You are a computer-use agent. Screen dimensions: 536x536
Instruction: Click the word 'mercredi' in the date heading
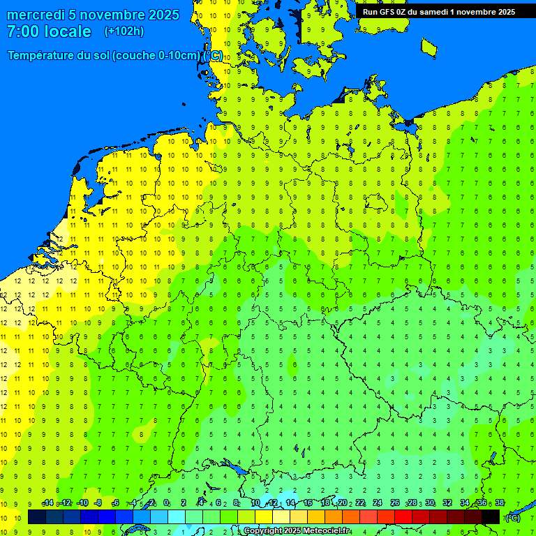point(36,15)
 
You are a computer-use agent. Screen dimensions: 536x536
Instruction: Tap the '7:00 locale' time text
point(49,31)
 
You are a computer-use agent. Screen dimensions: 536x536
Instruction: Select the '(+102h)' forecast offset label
point(124,31)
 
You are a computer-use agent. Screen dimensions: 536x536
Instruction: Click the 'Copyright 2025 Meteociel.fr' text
point(307,531)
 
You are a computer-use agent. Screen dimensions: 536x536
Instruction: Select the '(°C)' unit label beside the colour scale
point(512,517)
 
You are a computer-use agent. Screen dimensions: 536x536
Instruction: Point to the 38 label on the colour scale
point(500,503)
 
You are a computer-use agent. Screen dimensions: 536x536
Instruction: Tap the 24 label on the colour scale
point(378,503)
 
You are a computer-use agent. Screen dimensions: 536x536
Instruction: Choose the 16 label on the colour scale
point(308,503)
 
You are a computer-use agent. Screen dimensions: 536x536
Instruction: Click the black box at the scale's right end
point(491,516)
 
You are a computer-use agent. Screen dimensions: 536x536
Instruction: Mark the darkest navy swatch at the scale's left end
point(37,516)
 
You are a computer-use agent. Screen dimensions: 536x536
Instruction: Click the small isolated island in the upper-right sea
point(429,47)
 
